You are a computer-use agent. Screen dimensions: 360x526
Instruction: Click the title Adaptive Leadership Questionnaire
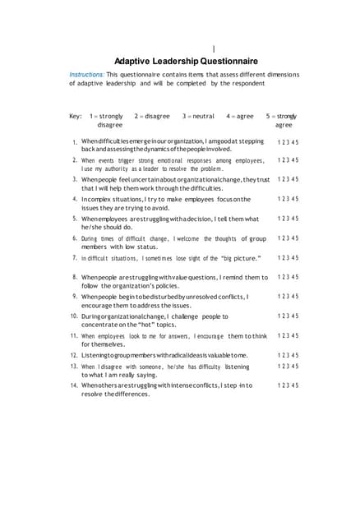185,61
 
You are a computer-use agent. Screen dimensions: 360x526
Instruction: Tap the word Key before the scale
76,117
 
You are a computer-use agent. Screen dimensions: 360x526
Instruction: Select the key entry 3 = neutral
198,117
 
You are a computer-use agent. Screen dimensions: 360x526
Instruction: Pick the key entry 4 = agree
240,117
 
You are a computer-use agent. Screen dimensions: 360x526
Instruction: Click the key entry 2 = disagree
151,117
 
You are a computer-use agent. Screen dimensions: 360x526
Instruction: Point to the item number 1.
74,143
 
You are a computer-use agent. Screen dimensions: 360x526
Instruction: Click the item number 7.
74,257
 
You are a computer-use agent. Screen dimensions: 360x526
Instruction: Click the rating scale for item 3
288,179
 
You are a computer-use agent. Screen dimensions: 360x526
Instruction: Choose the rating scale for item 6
288,238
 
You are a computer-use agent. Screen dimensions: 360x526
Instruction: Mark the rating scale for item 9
288,296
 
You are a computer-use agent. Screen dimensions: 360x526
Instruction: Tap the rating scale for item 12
288,355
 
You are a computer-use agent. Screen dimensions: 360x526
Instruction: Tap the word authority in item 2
120,168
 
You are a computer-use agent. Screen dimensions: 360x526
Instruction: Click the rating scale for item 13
288,367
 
